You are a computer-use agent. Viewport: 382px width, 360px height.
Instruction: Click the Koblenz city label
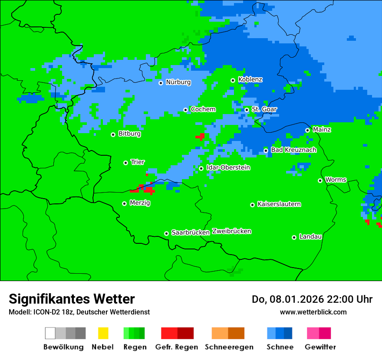point(250,80)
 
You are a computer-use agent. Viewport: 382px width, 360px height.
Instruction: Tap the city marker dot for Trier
point(125,163)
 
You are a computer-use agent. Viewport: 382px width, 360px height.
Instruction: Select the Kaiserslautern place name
point(279,204)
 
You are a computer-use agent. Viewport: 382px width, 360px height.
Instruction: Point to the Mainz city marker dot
point(307,130)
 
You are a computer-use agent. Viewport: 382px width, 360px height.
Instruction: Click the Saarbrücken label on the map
point(191,233)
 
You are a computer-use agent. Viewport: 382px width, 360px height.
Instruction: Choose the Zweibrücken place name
point(231,232)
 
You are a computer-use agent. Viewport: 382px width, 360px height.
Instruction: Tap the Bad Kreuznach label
point(293,150)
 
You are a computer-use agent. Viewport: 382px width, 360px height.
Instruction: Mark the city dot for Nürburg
point(161,83)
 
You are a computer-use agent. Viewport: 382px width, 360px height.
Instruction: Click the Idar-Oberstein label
point(228,168)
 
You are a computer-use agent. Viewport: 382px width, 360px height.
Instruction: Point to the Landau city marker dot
point(294,237)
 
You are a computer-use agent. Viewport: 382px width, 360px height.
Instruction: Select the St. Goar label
point(264,109)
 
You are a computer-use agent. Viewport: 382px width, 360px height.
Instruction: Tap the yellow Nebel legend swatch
point(103,333)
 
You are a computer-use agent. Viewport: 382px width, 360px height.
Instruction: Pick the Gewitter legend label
point(320,347)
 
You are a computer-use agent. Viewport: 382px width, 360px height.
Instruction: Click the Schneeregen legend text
point(229,347)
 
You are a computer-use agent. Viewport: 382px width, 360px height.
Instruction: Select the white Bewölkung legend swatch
point(50,333)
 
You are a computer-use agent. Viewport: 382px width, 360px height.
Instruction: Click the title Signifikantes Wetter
point(72,299)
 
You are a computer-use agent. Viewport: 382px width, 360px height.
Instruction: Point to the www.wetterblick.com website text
point(313,312)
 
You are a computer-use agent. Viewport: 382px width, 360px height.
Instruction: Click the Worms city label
point(336,180)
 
